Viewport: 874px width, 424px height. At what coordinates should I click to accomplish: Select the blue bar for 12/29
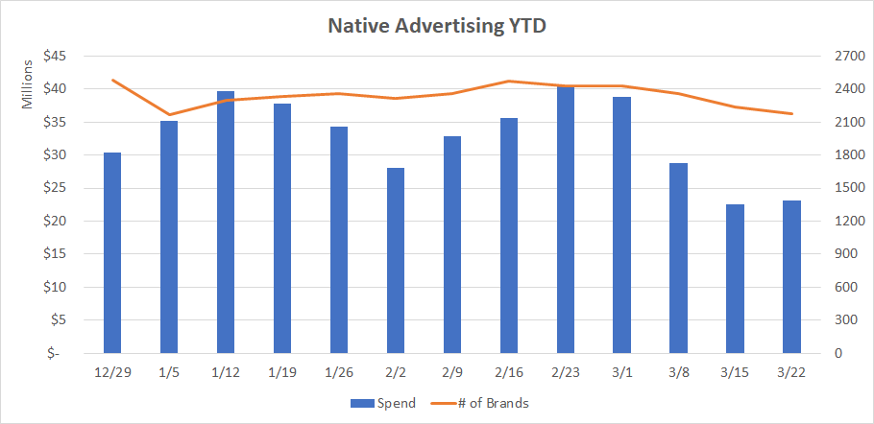112,253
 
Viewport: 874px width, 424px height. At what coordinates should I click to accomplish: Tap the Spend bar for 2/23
566,220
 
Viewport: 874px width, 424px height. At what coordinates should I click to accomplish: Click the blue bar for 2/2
396,260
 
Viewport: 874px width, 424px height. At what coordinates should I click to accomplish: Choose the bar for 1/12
226,223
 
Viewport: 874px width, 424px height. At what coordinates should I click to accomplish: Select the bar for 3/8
678,258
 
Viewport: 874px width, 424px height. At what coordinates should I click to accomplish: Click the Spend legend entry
384,403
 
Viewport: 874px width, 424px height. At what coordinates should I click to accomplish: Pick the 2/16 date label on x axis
509,371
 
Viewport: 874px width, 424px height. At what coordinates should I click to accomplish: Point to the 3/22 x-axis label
791,371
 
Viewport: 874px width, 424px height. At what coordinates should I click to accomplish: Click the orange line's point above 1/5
169,115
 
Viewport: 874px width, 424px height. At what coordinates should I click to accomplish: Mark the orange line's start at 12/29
112,81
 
